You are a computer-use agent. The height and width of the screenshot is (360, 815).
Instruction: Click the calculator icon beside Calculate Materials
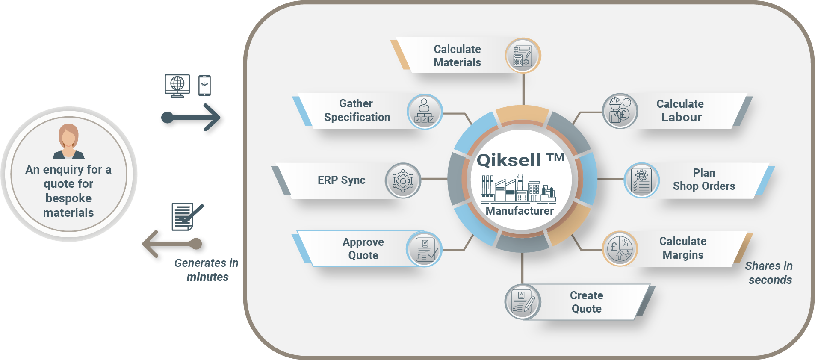pyautogui.click(x=523, y=56)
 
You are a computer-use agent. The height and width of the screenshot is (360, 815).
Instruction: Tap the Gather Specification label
pyautogui.click(x=357, y=110)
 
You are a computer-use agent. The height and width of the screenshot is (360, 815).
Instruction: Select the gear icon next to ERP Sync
pyautogui.click(x=403, y=180)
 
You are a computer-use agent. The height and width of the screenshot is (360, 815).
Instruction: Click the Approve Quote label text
pyautogui.click(x=363, y=248)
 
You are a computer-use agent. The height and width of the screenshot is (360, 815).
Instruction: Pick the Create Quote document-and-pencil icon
pyautogui.click(x=523, y=302)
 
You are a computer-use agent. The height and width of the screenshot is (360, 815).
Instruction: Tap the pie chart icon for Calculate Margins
pyautogui.click(x=620, y=249)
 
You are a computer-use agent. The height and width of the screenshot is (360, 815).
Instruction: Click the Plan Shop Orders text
pyautogui.click(x=704, y=180)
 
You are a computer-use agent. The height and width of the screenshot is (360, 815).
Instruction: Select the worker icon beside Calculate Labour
pyautogui.click(x=620, y=111)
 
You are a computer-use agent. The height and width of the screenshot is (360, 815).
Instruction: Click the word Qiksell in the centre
pyautogui.click(x=509, y=160)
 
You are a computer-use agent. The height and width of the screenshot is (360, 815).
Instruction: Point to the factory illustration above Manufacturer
pyautogui.click(x=518, y=189)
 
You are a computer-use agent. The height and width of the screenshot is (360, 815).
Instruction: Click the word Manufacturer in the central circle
pyautogui.click(x=520, y=211)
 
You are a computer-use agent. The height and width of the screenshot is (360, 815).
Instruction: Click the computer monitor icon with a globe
pyautogui.click(x=177, y=86)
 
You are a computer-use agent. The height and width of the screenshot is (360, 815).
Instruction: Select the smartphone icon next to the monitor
pyautogui.click(x=204, y=86)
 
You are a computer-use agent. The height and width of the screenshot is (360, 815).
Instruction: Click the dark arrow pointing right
pyautogui.click(x=192, y=119)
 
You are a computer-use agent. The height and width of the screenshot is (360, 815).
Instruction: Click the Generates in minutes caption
pyautogui.click(x=207, y=270)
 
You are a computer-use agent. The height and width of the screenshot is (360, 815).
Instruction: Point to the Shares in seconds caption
pyautogui.click(x=769, y=273)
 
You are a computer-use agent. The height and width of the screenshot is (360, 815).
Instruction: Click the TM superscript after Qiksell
pyautogui.click(x=555, y=157)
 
